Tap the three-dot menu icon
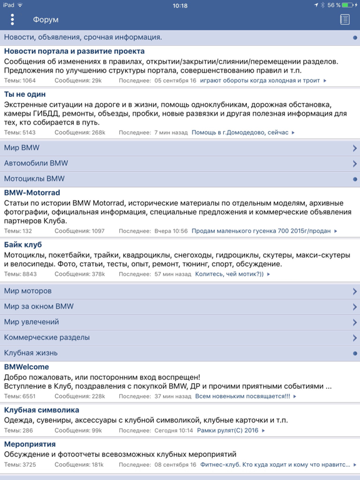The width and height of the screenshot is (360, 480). pyautogui.click(x=12, y=19)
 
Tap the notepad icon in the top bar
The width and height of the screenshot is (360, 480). pyautogui.click(x=344, y=20)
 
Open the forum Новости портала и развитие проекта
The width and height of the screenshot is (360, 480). pyautogui.click(x=74, y=51)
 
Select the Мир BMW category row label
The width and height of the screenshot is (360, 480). pyautogui.click(x=21, y=148)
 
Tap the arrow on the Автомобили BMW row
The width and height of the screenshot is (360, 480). pyautogui.click(x=354, y=164)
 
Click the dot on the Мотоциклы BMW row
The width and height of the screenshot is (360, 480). pyautogui.click(x=355, y=179)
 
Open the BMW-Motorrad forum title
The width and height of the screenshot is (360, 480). pyautogui.click(x=32, y=192)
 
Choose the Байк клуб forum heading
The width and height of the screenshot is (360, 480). pyautogui.click(x=23, y=244)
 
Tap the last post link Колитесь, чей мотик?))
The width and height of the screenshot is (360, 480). pyautogui.click(x=230, y=274)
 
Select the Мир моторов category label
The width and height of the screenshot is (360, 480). pyautogui.click(x=27, y=291)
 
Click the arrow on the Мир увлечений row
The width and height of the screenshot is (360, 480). pyautogui.click(x=354, y=322)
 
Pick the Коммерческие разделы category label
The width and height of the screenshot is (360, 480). pyautogui.click(x=46, y=337)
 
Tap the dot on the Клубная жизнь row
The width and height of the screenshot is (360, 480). pyautogui.click(x=355, y=353)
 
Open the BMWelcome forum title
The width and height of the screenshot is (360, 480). pyautogui.click(x=26, y=367)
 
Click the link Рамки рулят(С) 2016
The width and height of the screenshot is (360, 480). pyautogui.click(x=227, y=431)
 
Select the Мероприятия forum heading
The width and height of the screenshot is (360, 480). pyautogui.click(x=29, y=444)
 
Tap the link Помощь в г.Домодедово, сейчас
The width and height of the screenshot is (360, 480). pyautogui.click(x=240, y=132)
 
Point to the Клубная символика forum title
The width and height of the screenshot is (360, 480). pyautogui.click(x=41, y=410)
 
